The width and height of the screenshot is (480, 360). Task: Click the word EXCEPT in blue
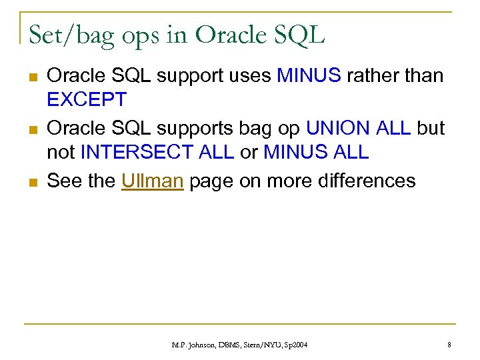87,100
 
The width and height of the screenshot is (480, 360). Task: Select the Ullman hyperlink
153,180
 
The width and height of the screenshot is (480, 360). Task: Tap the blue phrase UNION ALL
359,127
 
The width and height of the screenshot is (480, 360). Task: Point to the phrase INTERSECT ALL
157,153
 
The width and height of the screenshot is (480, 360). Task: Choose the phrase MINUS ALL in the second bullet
316,153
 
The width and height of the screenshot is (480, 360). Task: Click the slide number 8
449,344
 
